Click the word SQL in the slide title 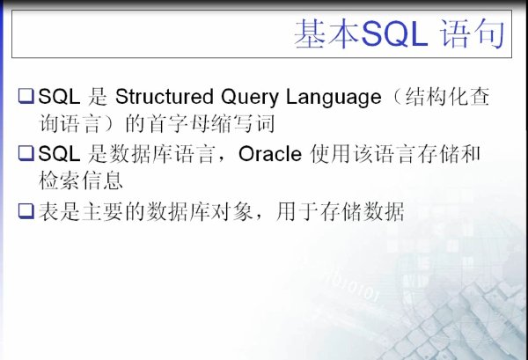pos(394,34)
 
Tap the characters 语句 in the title pos(472,33)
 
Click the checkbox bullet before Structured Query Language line pos(26,96)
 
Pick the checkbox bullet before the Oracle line pos(26,153)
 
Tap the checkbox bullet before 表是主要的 pos(26,211)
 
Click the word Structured pos(165,97)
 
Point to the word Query pos(250,98)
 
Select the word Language pos(334,98)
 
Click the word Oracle pos(270,154)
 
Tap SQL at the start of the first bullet pos(59,97)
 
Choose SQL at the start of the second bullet pos(59,154)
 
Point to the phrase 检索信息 pos(81,180)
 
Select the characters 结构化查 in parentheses pos(447,97)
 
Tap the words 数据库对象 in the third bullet pos(200,212)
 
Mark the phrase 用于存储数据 pos(340,212)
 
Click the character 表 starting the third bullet pos(48,212)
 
